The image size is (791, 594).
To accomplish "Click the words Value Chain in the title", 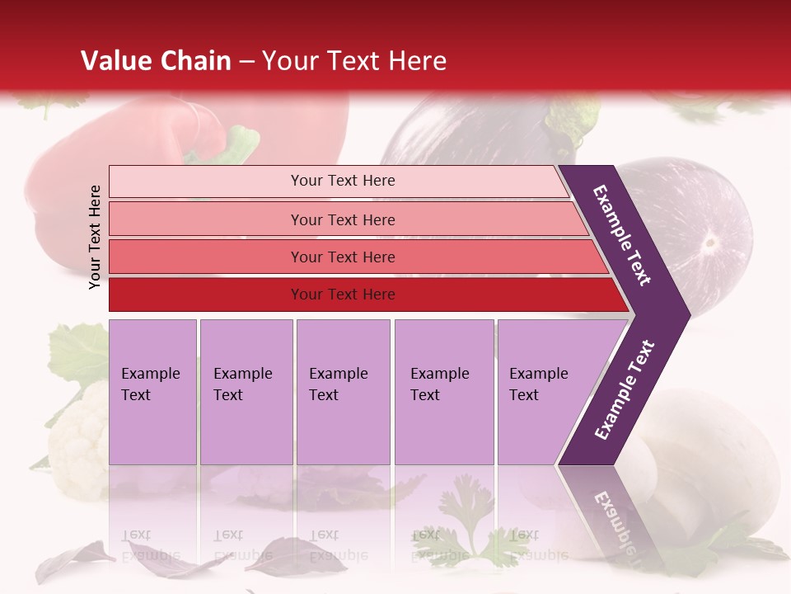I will [x=156, y=61].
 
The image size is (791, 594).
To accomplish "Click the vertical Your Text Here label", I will [x=95, y=237].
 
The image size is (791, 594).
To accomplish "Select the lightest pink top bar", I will [x=342, y=181].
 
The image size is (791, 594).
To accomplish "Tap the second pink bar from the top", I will [x=342, y=219].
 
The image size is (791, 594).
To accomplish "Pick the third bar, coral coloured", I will [x=342, y=257].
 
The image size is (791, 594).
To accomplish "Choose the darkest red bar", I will [x=342, y=295].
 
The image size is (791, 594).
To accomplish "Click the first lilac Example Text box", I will [x=152, y=391].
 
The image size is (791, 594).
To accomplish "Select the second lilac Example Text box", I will [x=246, y=391].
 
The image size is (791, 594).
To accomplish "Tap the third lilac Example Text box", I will [x=343, y=391].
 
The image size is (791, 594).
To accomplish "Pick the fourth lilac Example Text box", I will [x=443, y=391].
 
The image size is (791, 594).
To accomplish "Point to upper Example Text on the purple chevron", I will [x=622, y=235].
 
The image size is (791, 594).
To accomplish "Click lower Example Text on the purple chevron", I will [x=624, y=390].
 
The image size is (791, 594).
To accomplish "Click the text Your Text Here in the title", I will [x=354, y=61].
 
